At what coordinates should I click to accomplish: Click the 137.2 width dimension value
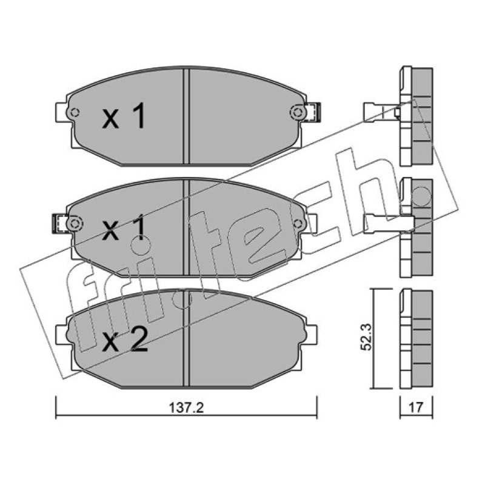pos(186,408)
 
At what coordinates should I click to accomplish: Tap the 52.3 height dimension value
pos(367,337)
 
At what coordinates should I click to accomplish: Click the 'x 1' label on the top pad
pos(124,116)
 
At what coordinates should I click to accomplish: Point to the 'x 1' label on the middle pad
pos(124,229)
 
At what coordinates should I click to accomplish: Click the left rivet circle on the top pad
pos(74,112)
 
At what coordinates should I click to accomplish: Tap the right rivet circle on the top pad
pos(297,112)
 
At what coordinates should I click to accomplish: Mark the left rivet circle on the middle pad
pos(74,223)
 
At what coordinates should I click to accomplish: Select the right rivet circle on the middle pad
pos(298,223)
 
